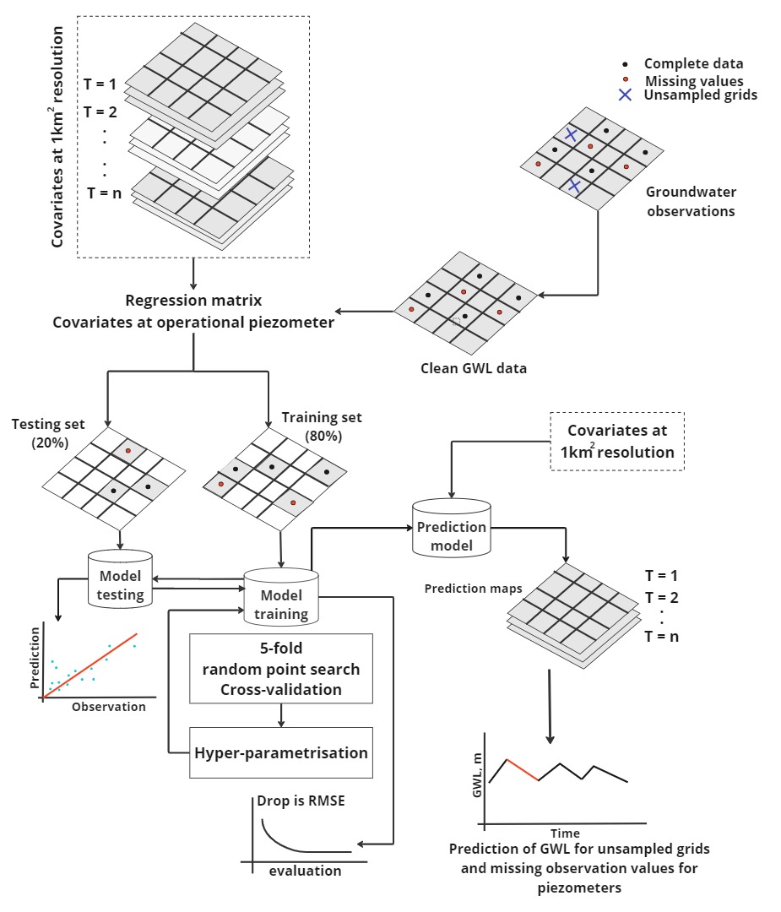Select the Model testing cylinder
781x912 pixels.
pyautogui.click(x=120, y=580)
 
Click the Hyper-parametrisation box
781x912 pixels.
pyautogui.click(x=281, y=752)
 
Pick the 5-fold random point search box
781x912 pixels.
pyautogui.click(x=281, y=669)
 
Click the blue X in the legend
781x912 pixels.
pyautogui.click(x=625, y=95)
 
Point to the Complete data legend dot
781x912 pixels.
pyautogui.click(x=625, y=64)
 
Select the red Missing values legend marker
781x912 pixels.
pyautogui.click(x=625, y=80)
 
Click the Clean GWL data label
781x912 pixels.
pyautogui.click(x=473, y=368)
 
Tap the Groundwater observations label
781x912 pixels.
pyautogui.click(x=691, y=202)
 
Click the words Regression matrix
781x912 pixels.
pyautogui.click(x=193, y=300)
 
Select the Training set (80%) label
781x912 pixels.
pyautogui.click(x=322, y=426)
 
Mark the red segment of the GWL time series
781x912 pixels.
pyautogui.click(x=522, y=769)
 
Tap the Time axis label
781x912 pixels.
pyautogui.click(x=565, y=833)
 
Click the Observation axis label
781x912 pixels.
pyautogui.click(x=109, y=707)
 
